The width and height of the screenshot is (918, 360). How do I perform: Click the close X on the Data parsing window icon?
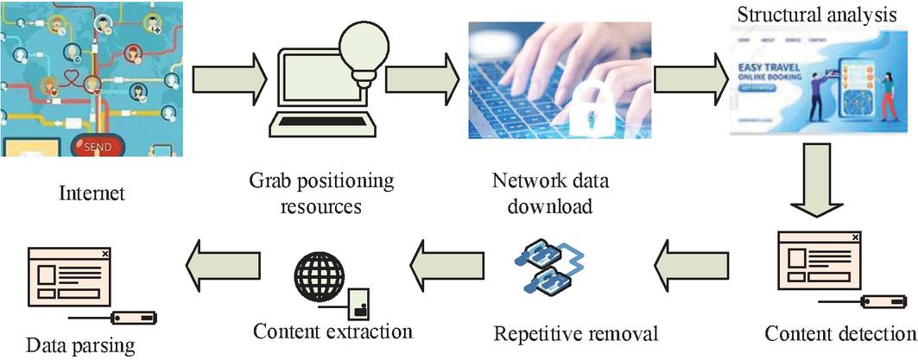tap(105, 253)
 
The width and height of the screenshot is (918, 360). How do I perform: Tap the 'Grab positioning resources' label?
tap(320, 193)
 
